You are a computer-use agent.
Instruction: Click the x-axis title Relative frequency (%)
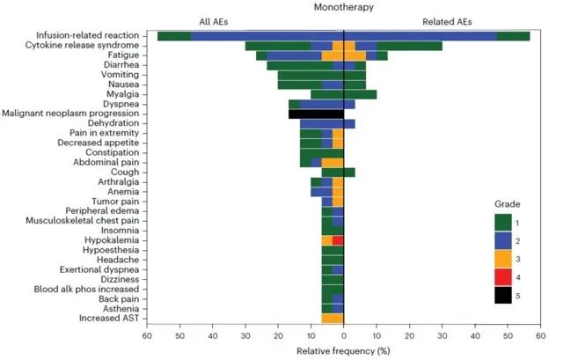click(343, 350)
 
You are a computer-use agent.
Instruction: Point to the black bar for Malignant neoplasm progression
click(316, 114)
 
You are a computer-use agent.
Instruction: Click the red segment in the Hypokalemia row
click(338, 240)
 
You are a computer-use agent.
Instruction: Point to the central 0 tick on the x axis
click(343, 335)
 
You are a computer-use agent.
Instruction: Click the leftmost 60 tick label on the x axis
click(147, 335)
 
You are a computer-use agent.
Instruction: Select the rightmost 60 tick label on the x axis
click(540, 335)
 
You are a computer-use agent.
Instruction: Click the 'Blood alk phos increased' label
click(85, 289)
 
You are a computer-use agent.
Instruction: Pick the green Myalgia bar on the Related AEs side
click(360, 94)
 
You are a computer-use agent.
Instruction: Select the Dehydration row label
click(113, 124)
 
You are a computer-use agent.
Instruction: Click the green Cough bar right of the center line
click(349, 173)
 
